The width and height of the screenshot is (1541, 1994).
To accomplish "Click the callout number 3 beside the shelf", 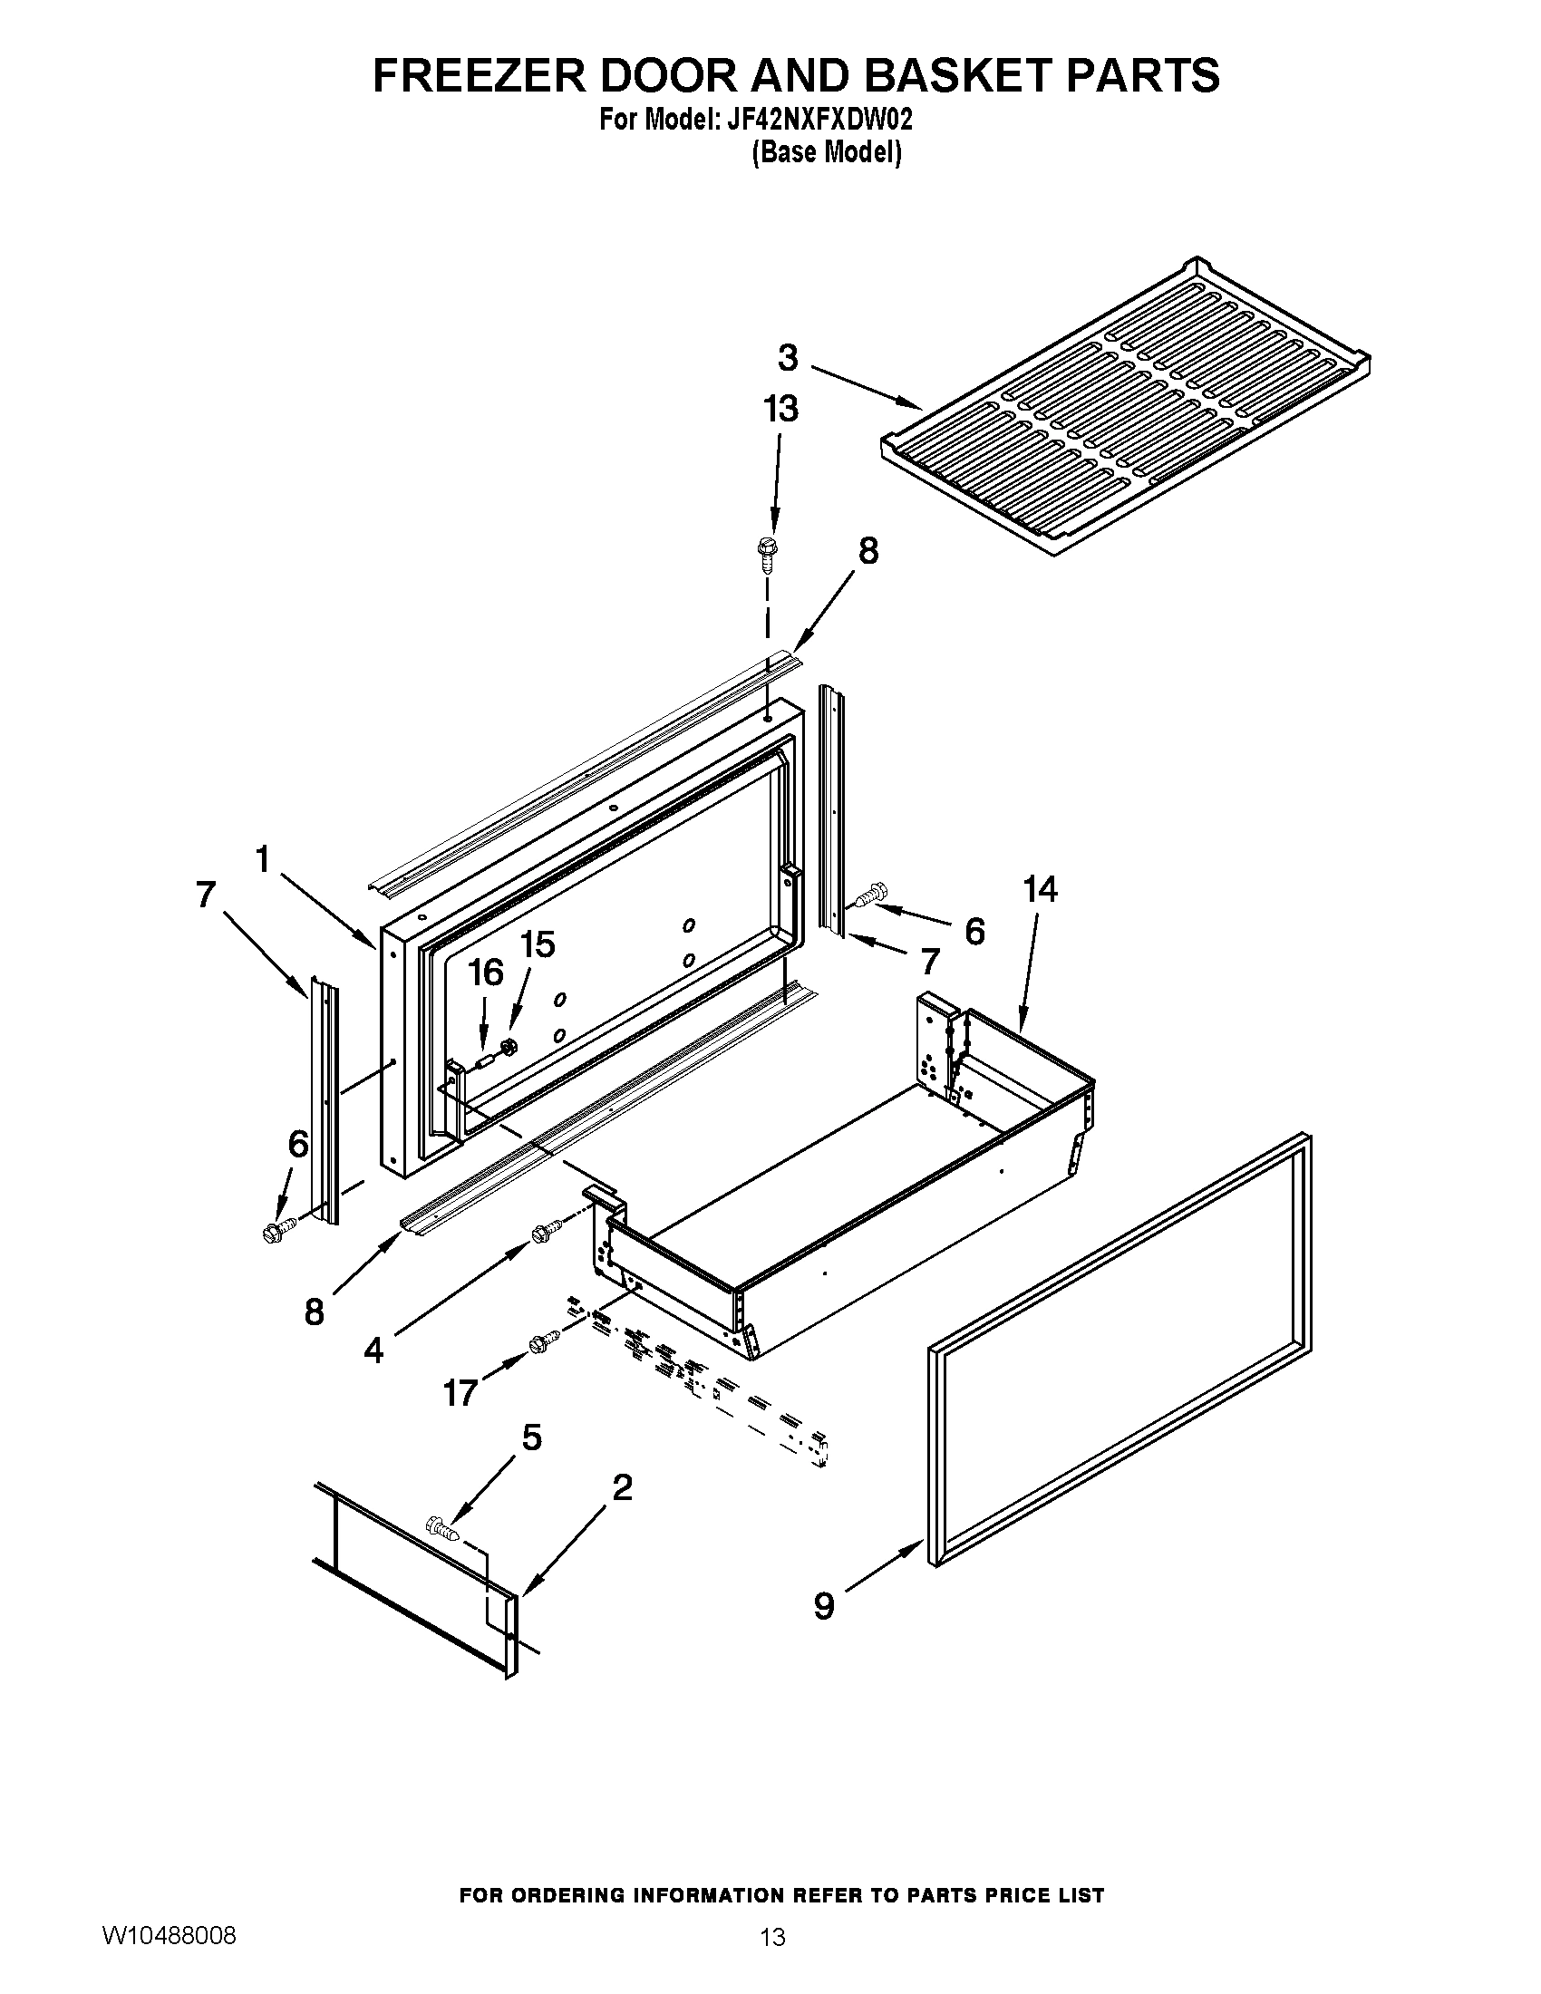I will click(788, 358).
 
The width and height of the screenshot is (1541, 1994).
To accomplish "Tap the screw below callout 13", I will click(765, 553).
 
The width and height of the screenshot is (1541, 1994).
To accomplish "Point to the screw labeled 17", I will click(545, 1341).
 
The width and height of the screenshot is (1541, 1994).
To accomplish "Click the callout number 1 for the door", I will click(263, 858).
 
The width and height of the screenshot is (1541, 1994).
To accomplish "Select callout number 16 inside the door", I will click(486, 973).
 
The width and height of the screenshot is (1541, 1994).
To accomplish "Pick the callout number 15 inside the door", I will click(538, 945).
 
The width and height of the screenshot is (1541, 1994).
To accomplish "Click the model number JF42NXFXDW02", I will click(818, 121).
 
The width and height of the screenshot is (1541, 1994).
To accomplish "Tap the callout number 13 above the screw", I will click(780, 408).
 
